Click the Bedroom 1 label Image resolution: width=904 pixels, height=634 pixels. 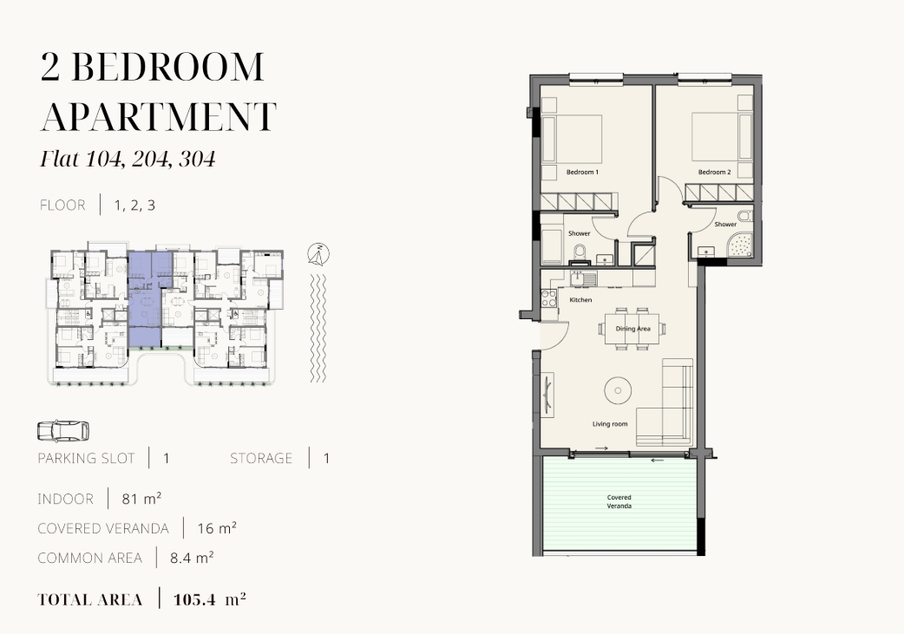582,173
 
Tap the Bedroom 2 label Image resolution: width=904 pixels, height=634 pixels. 714,173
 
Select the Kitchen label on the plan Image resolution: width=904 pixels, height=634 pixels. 580,300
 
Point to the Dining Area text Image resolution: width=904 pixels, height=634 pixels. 632,329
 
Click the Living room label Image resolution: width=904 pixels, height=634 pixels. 610,424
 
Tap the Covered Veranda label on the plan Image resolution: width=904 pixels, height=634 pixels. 619,501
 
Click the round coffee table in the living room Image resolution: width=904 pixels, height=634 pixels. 618,391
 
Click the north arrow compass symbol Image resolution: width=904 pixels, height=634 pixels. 318,254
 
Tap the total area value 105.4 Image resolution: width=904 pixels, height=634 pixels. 194,600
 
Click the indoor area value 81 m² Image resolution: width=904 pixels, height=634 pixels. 141,499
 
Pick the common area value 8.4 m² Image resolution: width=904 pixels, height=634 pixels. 192,558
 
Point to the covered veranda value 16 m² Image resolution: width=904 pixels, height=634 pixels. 217,528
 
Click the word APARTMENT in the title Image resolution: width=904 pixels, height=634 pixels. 159,116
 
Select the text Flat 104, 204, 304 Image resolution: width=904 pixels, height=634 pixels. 128,159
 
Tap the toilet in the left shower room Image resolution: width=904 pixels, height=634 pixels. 580,252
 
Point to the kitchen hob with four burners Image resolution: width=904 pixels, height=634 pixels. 549,298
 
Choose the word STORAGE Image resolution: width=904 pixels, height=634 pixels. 261,458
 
